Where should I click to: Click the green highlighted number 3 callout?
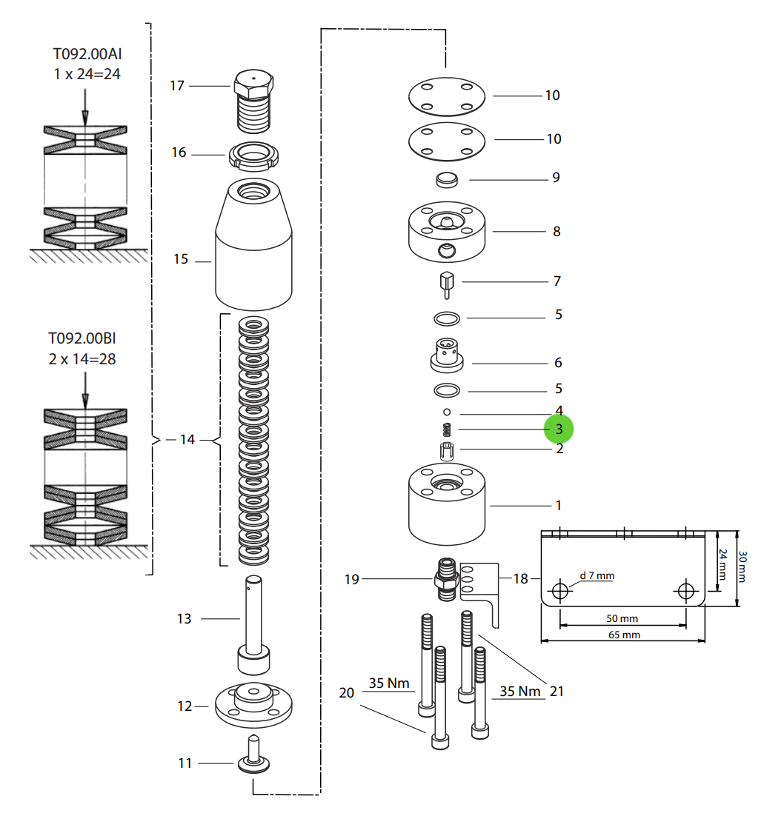click(x=559, y=429)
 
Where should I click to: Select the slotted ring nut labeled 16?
click(x=256, y=156)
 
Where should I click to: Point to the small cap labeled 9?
click(x=446, y=179)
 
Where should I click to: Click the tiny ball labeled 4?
click(x=447, y=411)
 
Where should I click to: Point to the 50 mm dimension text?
click(x=622, y=618)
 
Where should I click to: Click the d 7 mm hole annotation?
click(x=596, y=575)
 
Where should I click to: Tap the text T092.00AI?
click(x=86, y=54)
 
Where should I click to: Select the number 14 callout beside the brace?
click(x=187, y=440)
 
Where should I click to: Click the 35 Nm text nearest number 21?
click(x=520, y=691)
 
